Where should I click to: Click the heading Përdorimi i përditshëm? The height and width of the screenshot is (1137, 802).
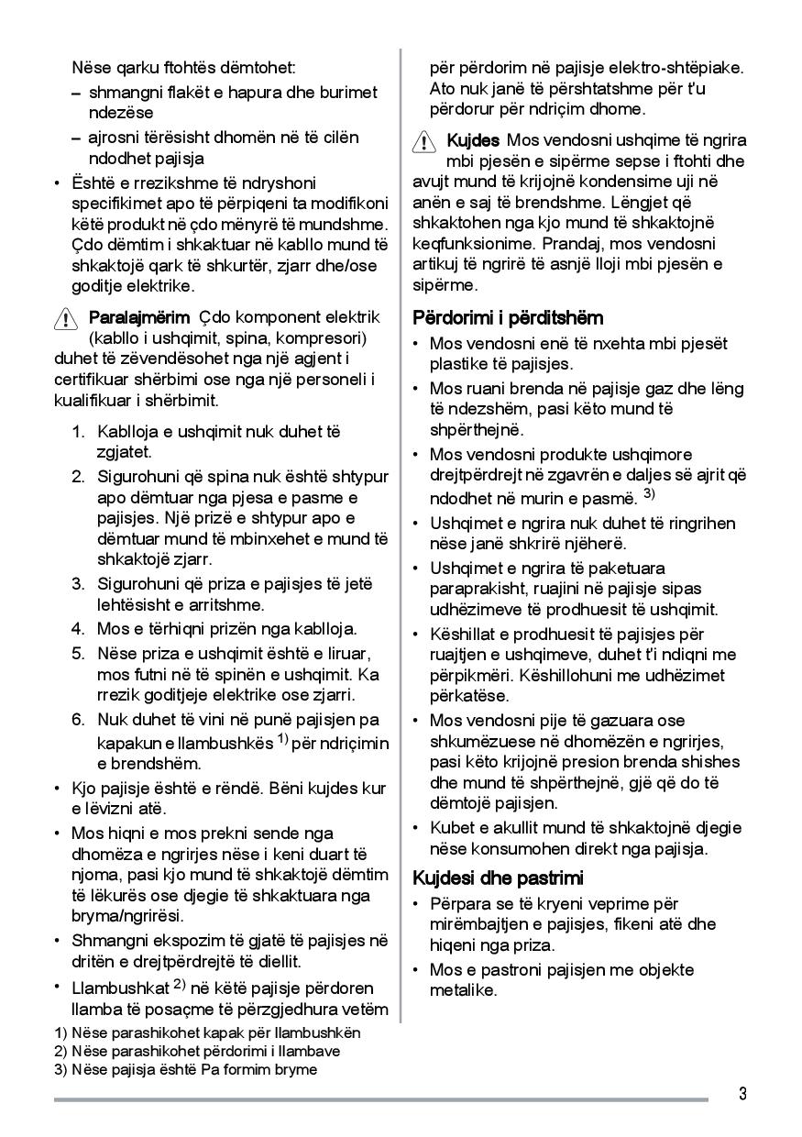(508, 318)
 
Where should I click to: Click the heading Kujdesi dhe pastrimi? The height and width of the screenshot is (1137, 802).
(498, 878)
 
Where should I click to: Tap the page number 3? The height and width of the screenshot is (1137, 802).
(742, 1094)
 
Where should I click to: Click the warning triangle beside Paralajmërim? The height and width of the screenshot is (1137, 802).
(67, 319)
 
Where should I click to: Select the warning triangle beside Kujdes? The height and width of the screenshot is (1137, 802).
(424, 142)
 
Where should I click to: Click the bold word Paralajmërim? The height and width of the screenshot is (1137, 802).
(138, 317)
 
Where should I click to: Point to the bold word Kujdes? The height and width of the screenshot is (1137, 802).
(473, 140)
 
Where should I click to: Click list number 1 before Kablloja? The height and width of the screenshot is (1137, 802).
(80, 431)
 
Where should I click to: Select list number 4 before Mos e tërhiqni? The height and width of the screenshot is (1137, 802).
(80, 629)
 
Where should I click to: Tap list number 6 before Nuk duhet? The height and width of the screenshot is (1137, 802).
(80, 720)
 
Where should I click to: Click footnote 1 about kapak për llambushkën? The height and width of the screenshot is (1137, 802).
(207, 1032)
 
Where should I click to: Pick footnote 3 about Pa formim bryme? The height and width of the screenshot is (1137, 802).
(185, 1069)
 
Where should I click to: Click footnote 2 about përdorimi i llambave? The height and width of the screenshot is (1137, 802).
(197, 1051)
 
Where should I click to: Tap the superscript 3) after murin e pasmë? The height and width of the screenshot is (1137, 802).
(649, 494)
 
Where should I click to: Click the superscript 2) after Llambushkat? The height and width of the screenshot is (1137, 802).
(180, 985)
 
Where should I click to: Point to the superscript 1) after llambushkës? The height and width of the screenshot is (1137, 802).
(283, 738)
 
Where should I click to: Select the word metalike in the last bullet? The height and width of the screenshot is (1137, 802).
(463, 990)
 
